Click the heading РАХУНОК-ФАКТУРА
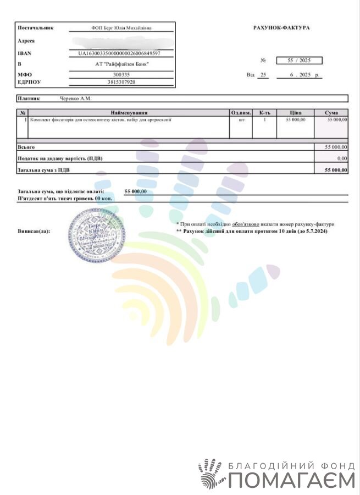coord(281,28)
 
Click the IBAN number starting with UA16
coord(119,53)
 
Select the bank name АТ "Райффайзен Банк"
coord(122,64)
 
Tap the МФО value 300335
coord(121,75)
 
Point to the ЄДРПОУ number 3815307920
coord(121,82)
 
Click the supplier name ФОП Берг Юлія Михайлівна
coord(121,28)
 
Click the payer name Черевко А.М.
coord(75,98)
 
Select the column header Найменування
coord(129,113)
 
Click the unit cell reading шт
coord(240,119)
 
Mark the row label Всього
coord(26,147)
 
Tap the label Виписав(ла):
coord(34,232)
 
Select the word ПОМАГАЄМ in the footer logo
coord(291,481)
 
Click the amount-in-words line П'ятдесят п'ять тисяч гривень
coord(65,197)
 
